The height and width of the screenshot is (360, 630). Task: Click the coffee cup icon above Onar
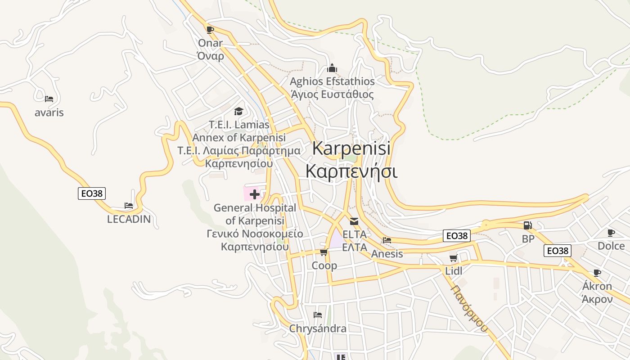click(210, 30)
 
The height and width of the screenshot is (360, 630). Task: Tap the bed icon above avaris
click(49, 99)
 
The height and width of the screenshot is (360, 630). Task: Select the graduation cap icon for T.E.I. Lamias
click(238, 111)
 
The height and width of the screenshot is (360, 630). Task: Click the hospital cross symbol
click(255, 194)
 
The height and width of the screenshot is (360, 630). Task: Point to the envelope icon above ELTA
click(354, 221)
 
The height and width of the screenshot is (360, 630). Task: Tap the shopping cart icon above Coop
click(324, 252)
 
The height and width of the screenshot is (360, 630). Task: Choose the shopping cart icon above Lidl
click(453, 258)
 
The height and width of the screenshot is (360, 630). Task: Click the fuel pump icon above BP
click(527, 225)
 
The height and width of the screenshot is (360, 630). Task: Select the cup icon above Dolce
click(611, 233)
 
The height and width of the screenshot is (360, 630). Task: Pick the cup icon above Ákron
click(597, 273)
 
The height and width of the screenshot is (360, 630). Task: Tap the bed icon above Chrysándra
click(318, 315)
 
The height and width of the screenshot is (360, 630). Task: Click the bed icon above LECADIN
click(129, 206)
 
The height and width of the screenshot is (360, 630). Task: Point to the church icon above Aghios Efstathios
click(332, 68)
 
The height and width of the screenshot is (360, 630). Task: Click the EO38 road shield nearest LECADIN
click(92, 193)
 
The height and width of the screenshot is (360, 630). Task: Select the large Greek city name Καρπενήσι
click(351, 171)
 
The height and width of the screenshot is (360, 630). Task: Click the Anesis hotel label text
click(387, 254)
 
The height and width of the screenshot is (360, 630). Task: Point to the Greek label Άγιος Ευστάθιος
click(332, 94)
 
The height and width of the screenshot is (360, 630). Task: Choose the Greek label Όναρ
click(211, 56)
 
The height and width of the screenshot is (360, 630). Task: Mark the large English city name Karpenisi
click(351, 148)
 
